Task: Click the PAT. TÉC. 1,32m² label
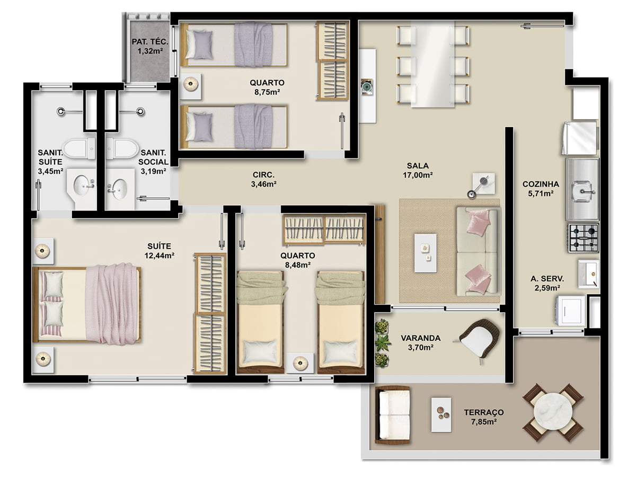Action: pyautogui.click(x=150, y=46)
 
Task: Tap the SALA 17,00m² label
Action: pyautogui.click(x=418, y=170)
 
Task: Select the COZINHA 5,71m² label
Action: pyautogui.click(x=541, y=189)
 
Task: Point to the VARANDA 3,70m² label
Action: pyautogui.click(x=421, y=342)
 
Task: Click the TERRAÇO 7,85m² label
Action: pyautogui.click(x=483, y=417)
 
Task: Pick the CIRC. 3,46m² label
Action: pyautogui.click(x=263, y=179)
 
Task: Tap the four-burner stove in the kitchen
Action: pyautogui.click(x=584, y=238)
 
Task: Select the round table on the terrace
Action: pyautogui.click(x=553, y=412)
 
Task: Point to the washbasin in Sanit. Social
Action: pyautogui.click(x=119, y=188)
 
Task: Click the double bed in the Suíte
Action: pyautogui.click(x=87, y=304)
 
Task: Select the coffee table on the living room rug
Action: pyautogui.click(x=426, y=253)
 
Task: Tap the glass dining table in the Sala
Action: pyautogui.click(x=432, y=64)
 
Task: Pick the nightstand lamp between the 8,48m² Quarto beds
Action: pyautogui.click(x=300, y=363)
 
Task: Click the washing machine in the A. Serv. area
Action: pyautogui.click(x=570, y=311)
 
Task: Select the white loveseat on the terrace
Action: pyautogui.click(x=393, y=415)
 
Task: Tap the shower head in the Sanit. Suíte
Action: pyautogui.click(x=60, y=111)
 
